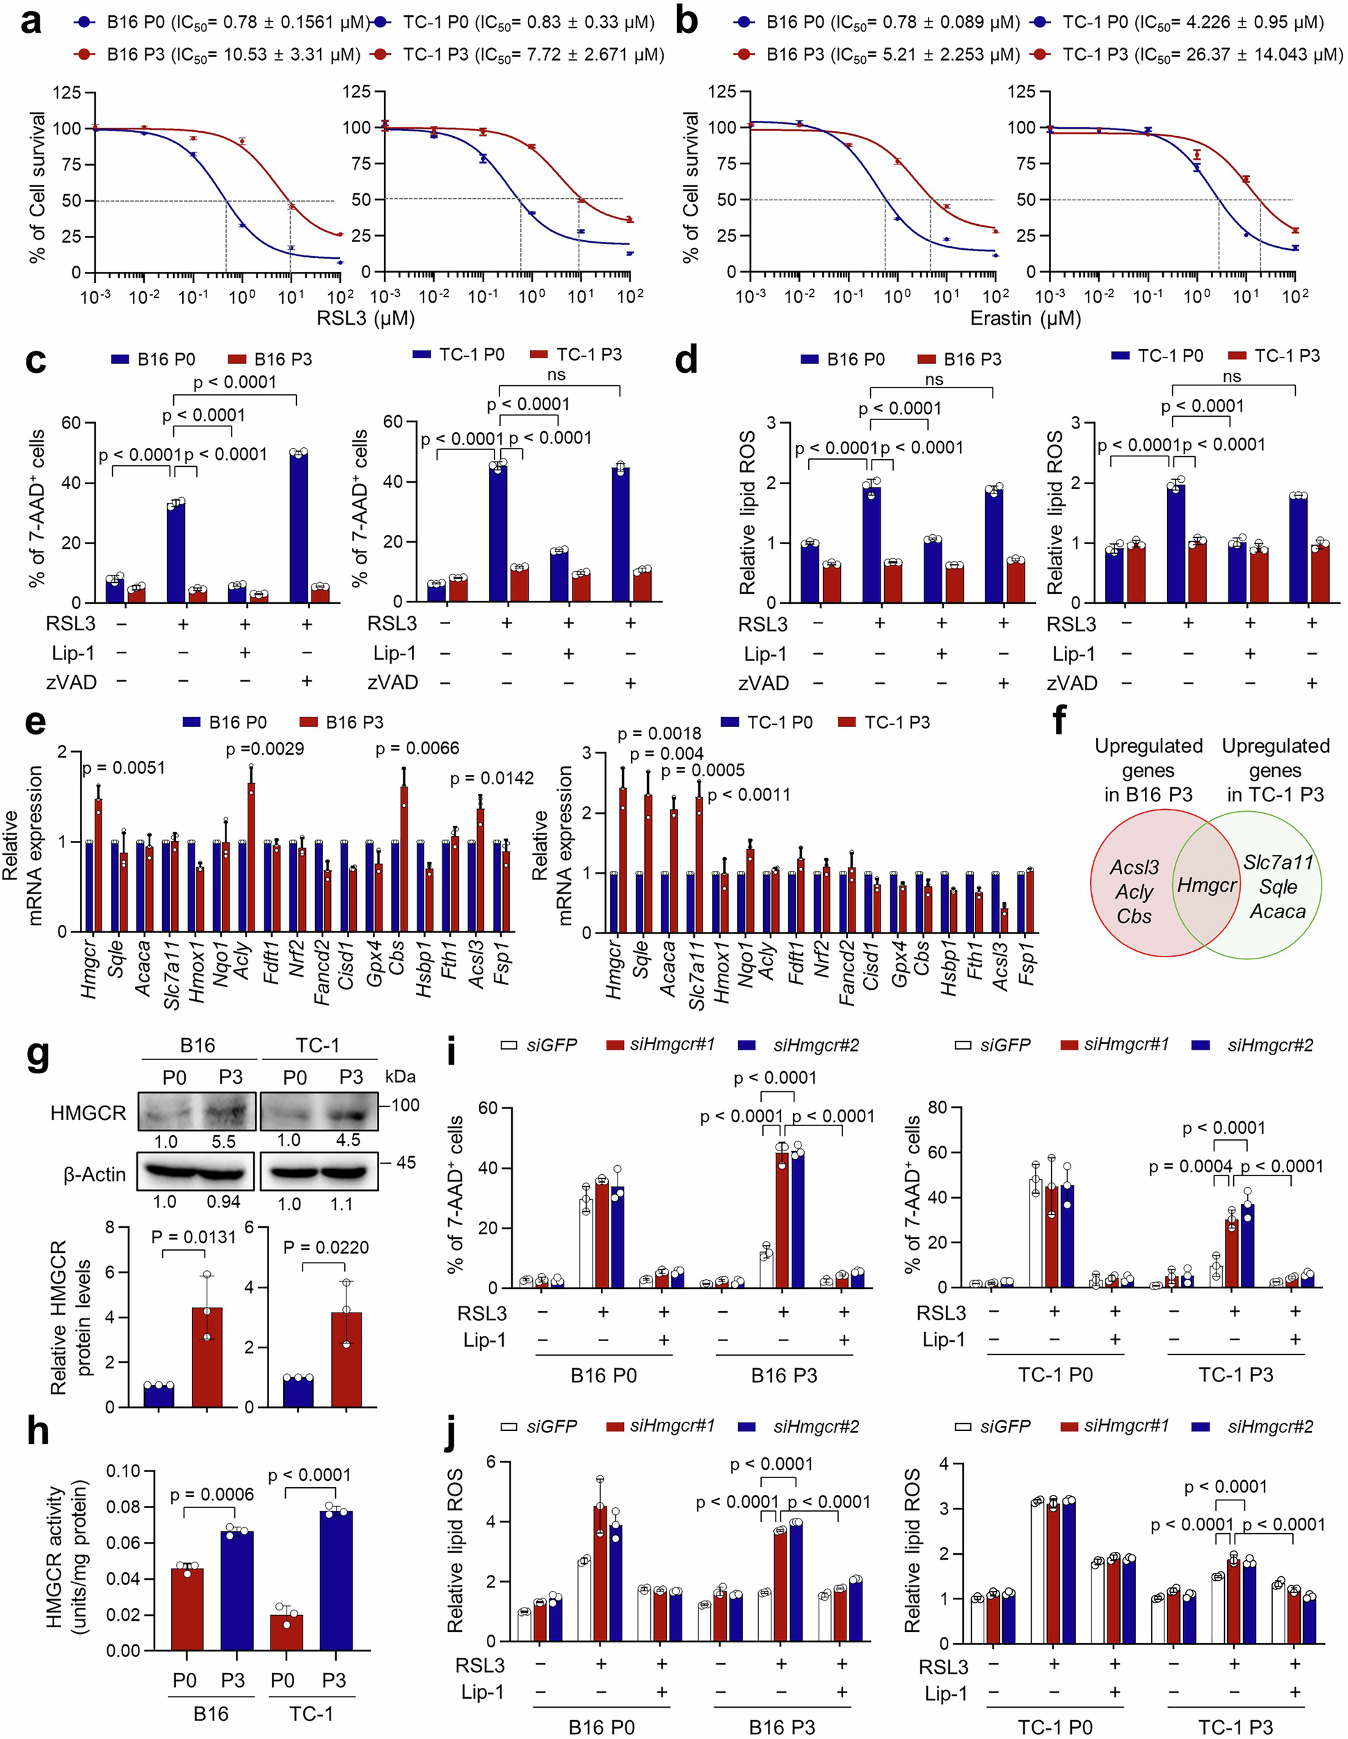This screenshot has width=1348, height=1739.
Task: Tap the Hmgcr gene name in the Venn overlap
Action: tap(1207, 885)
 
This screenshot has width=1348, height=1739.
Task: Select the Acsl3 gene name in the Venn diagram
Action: tap(1134, 867)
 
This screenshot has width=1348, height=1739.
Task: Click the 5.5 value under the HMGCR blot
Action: tap(224, 1141)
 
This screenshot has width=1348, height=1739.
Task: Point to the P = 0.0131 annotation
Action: tap(193, 1237)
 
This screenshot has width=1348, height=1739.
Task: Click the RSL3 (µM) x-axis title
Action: tap(365, 319)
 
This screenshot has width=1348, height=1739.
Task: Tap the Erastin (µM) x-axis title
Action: tap(1025, 319)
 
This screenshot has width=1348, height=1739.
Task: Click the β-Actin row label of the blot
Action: tap(94, 1174)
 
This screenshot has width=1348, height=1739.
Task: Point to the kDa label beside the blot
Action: tap(400, 1077)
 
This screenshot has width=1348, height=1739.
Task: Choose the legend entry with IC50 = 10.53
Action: tap(218, 54)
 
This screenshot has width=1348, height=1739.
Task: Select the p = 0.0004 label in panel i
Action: tap(1189, 1167)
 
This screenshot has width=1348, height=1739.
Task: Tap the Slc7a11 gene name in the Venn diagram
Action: tap(1278, 862)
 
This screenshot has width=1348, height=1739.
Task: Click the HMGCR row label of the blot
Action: tap(88, 1112)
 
